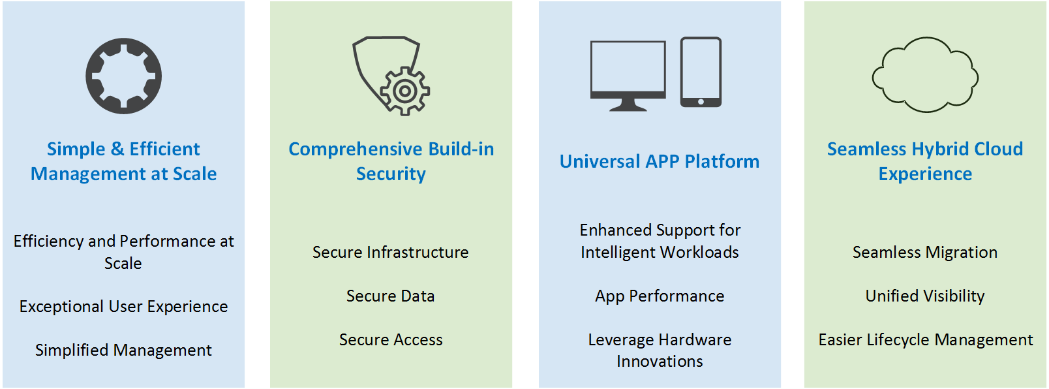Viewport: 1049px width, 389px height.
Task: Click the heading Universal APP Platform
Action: [x=660, y=162]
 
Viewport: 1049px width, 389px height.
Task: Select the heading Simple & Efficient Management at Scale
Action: [x=124, y=161]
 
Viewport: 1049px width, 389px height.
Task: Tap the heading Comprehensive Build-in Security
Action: [x=391, y=161]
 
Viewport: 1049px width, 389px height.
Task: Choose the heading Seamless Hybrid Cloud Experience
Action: [x=925, y=161]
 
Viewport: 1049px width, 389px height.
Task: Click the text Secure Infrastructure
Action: [x=391, y=252]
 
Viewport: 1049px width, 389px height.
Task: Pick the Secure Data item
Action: [x=391, y=296]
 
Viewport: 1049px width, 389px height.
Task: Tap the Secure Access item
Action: [x=391, y=340]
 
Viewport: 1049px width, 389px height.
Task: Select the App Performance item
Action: [x=660, y=296]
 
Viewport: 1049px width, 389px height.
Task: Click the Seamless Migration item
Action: [x=925, y=253]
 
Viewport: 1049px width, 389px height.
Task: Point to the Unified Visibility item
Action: [x=925, y=296]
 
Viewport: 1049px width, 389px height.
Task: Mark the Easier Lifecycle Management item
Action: [x=926, y=340]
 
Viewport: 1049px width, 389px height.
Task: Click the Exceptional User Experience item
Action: [x=124, y=307]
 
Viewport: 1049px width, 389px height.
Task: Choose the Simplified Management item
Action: [x=124, y=350]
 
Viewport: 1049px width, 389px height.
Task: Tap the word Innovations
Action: [x=660, y=362]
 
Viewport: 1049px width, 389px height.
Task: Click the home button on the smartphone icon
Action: [x=701, y=102]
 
